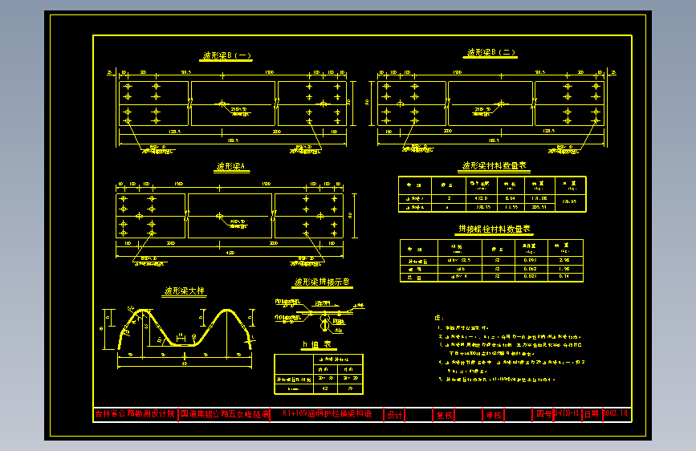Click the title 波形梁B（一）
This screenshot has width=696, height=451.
(227, 56)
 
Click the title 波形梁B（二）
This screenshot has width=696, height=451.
(491, 53)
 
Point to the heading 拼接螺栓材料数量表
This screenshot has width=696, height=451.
(491, 230)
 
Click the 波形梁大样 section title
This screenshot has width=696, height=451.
(185, 292)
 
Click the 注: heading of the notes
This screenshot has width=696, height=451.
(438, 319)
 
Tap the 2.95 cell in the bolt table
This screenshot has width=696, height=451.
(564, 261)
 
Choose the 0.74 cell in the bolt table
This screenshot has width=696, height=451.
(564, 276)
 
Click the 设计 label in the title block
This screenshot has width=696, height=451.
(395, 415)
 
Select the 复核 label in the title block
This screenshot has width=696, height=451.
(444, 415)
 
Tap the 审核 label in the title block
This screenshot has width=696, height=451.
(493, 415)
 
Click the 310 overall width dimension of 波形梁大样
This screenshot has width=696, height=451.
(185, 364)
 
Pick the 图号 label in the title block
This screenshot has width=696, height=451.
(544, 414)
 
